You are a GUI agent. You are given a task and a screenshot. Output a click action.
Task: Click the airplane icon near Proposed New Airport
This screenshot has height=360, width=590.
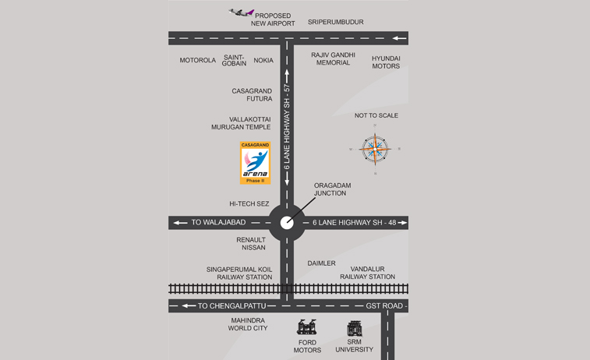(242, 12)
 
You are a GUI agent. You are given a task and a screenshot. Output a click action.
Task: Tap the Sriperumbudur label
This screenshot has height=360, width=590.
(335, 22)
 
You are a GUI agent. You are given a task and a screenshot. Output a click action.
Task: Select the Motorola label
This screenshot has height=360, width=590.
(197, 60)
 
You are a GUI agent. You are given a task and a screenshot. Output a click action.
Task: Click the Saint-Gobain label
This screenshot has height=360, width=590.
(234, 60)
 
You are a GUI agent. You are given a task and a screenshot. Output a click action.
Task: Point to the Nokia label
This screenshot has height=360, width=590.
(263, 60)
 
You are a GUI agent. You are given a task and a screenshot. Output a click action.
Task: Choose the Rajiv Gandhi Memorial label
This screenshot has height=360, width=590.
(333, 58)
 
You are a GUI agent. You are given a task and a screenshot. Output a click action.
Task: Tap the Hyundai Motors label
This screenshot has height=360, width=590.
(386, 62)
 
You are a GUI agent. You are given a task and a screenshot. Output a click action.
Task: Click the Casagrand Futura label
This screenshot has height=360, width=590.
(252, 95)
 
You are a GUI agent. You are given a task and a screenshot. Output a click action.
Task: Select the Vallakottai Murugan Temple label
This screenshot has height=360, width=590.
(241, 123)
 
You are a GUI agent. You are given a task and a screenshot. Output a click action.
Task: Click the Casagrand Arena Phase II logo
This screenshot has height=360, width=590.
(255, 163)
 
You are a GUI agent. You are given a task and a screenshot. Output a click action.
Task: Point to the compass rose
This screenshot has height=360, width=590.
(375, 148)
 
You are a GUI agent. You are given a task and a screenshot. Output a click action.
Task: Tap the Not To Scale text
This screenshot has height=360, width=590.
(376, 115)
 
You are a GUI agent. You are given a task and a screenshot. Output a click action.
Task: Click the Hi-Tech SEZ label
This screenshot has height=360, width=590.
(249, 204)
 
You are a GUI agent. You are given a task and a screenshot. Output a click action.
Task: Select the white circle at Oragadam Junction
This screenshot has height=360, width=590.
(288, 222)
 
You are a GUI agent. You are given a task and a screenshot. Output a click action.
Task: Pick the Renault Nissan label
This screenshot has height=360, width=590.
(251, 244)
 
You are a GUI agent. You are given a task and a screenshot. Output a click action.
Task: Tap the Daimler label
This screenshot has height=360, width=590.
(321, 263)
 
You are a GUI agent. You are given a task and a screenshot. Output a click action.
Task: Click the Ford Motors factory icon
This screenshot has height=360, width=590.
(306, 328)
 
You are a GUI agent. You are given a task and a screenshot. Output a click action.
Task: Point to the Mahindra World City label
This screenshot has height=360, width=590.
(248, 324)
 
